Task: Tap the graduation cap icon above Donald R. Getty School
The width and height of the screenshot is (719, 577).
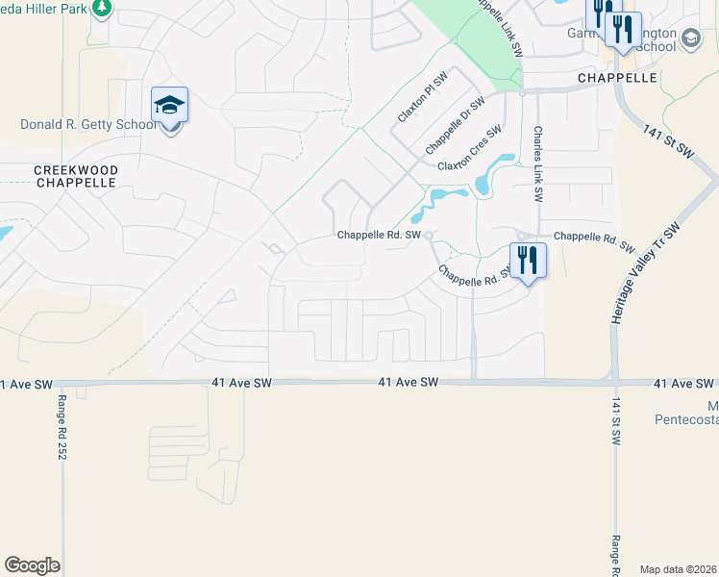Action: [169, 105]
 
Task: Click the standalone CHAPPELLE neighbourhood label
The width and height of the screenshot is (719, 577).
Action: [617, 77]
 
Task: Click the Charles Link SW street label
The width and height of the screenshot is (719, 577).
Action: [538, 163]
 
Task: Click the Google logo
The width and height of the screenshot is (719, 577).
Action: [32, 565]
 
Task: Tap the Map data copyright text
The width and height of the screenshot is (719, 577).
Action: [679, 569]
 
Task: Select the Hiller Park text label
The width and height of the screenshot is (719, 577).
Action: [46, 8]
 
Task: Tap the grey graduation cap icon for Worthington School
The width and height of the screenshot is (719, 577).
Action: [689, 39]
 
